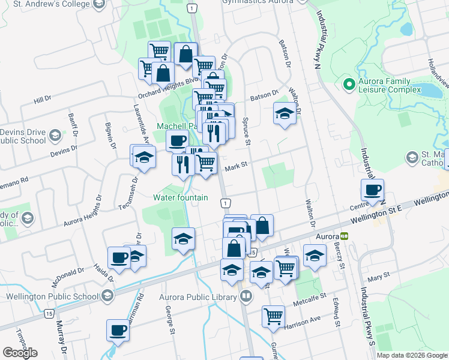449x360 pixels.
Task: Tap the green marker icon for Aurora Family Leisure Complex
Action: tap(348, 85)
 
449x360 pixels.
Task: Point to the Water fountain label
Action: tap(181, 197)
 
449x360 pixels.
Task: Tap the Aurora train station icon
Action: tap(344, 236)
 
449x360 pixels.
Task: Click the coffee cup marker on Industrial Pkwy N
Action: tap(372, 190)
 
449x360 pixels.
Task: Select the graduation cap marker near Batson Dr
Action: tap(285, 112)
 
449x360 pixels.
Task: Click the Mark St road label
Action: tap(236, 170)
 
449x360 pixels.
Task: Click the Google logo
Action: tap(20, 352)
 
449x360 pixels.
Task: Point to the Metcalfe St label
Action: tap(310, 296)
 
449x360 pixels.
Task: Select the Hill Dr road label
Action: tap(43, 100)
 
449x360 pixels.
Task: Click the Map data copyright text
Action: tap(411, 355)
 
